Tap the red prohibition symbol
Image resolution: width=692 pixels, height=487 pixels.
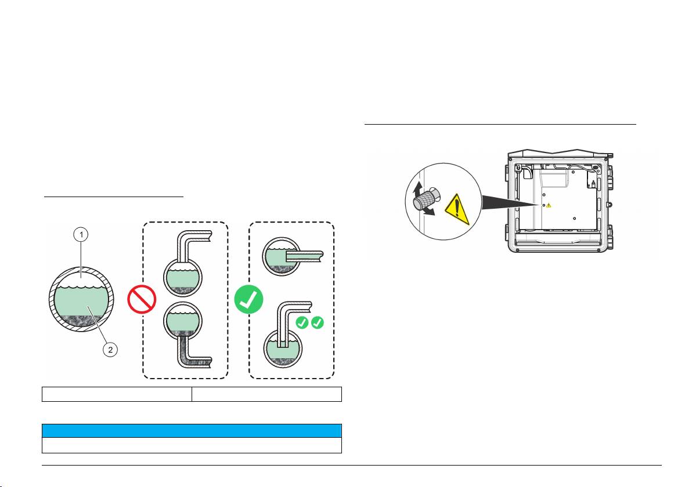click(x=142, y=299)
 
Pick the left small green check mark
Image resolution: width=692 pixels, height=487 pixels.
click(x=302, y=322)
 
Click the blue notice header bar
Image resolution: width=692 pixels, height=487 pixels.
click(x=191, y=430)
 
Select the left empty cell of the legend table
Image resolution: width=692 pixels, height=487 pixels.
click(x=117, y=394)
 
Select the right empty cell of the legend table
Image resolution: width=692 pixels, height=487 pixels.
click(x=266, y=394)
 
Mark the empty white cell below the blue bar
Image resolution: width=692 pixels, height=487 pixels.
click(x=191, y=445)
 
